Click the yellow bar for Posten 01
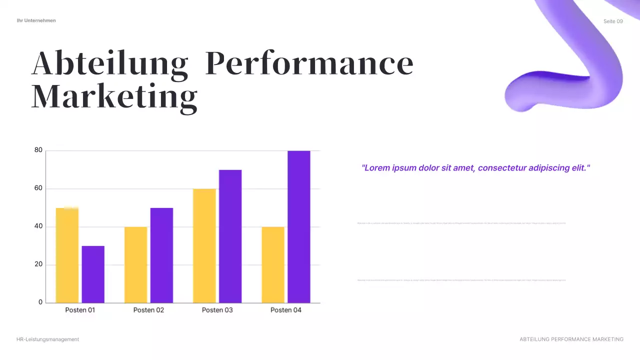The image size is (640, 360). click(67, 255)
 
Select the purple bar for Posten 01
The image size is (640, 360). click(93, 274)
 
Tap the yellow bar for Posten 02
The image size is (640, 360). click(135, 264)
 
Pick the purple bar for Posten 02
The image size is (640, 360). click(161, 255)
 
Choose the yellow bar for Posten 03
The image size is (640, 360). click(204, 245)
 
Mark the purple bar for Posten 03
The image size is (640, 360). click(230, 236)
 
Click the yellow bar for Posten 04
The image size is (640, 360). click(273, 264)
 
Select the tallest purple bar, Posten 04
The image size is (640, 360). click(298, 226)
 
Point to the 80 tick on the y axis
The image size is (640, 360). click(38, 150)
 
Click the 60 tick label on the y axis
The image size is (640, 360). click(38, 188)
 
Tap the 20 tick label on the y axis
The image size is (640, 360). click(38, 264)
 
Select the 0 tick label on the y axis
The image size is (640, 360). click(40, 302)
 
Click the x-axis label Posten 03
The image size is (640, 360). click(217, 310)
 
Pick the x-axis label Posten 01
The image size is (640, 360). click(80, 310)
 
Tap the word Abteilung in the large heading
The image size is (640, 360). click(110, 63)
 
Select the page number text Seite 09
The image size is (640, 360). click(613, 21)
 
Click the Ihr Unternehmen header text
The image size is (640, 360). click(36, 20)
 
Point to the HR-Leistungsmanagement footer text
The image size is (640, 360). click(48, 339)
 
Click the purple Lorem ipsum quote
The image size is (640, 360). click(475, 168)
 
